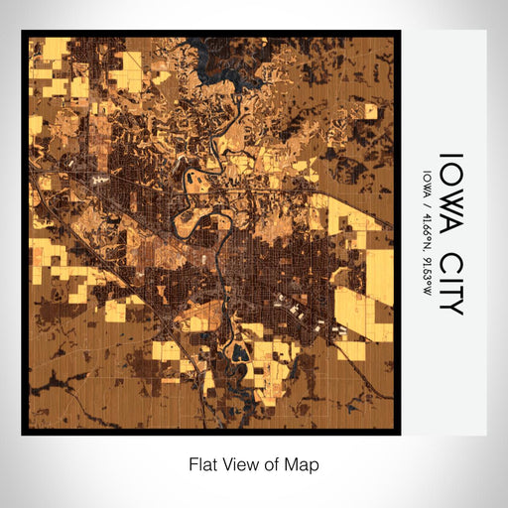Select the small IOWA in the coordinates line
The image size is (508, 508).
tap(428, 183)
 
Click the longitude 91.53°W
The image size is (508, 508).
tap(428, 273)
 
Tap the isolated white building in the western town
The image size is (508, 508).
tap(98, 179)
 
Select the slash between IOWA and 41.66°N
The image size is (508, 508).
tap(428, 201)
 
